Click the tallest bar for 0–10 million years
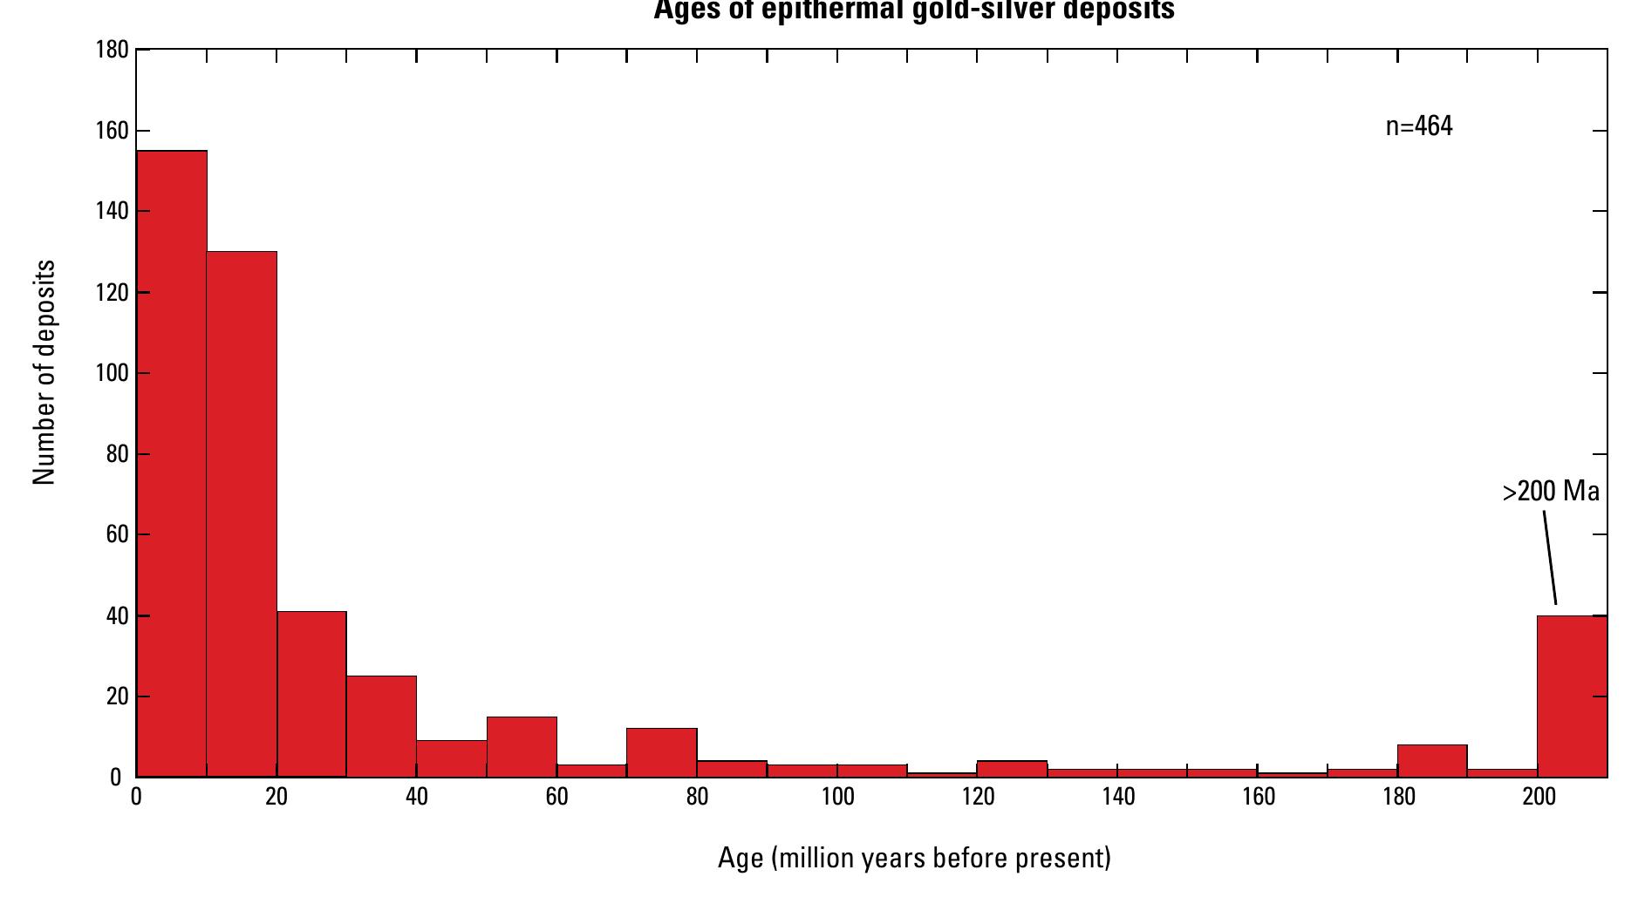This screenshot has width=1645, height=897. coord(172,462)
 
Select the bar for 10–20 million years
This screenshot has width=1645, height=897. coord(242,514)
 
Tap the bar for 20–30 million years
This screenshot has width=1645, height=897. coord(311,694)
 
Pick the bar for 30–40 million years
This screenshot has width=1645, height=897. coord(381,726)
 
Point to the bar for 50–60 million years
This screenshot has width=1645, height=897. coord(522,746)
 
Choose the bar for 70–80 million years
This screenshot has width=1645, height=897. coord(662,752)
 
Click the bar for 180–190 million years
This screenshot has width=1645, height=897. coord(1432,760)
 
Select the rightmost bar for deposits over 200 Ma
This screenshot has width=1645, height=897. coord(1572,696)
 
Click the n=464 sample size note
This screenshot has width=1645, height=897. coord(1419,127)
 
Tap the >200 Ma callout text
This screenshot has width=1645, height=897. coord(1551,493)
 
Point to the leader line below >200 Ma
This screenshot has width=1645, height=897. coord(1550,557)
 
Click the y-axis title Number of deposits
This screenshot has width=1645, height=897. coord(44,372)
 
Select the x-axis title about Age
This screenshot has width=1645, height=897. coord(914,859)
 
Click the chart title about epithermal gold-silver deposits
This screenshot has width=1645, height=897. coord(914,10)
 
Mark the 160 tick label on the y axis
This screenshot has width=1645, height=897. coord(113,131)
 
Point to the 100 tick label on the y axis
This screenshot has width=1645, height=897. coord(113,373)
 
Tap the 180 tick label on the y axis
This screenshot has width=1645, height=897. coord(113,51)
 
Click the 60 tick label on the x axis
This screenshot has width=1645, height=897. coord(556,798)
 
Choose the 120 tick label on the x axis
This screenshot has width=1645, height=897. coord(978,798)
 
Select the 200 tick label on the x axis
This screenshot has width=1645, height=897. coord(1539,798)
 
